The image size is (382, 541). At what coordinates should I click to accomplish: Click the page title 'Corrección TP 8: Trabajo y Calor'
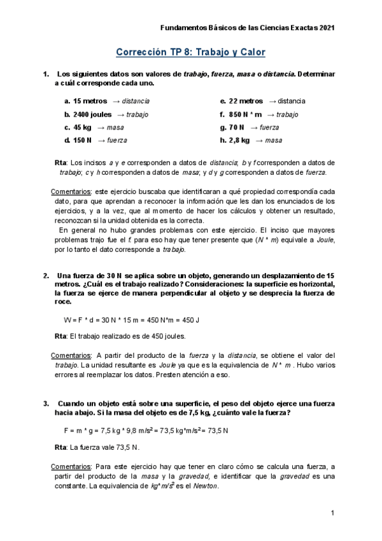click(190, 52)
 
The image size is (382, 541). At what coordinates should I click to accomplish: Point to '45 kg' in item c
click(82, 127)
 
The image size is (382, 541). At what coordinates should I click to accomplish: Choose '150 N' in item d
click(83, 140)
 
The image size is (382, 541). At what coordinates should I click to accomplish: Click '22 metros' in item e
click(246, 101)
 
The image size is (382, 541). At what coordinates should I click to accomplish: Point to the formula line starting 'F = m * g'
click(146, 430)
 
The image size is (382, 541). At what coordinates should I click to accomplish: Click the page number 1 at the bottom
click(332, 513)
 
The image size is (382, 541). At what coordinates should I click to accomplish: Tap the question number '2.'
click(46, 276)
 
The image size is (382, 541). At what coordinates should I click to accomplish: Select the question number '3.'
click(46, 403)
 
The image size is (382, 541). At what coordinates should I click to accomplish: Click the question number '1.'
click(46, 75)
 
